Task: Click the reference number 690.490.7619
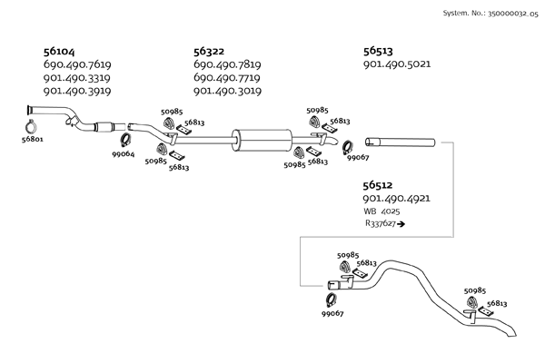(x=77, y=65)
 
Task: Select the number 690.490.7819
(x=227, y=65)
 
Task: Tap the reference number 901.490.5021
(x=396, y=64)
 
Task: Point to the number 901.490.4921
(x=396, y=199)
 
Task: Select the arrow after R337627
(x=401, y=223)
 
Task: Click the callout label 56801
(x=32, y=140)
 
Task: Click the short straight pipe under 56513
(x=400, y=142)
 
